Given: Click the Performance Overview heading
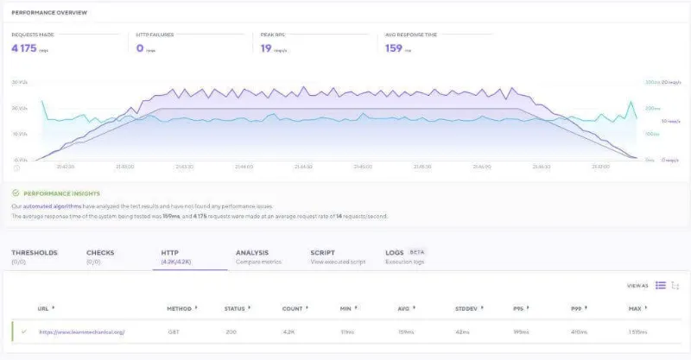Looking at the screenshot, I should point(54,13).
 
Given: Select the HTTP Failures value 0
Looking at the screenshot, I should point(140,48).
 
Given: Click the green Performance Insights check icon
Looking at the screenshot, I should point(16,194).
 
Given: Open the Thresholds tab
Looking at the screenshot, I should point(35,253).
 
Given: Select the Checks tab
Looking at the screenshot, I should point(99,253).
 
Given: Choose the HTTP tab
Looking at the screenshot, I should point(169,253).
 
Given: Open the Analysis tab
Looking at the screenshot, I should point(251,253).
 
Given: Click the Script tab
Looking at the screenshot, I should point(322,253).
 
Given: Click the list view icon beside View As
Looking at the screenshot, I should point(660,285).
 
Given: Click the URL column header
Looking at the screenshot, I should point(43,308).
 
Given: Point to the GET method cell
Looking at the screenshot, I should point(173,332).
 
